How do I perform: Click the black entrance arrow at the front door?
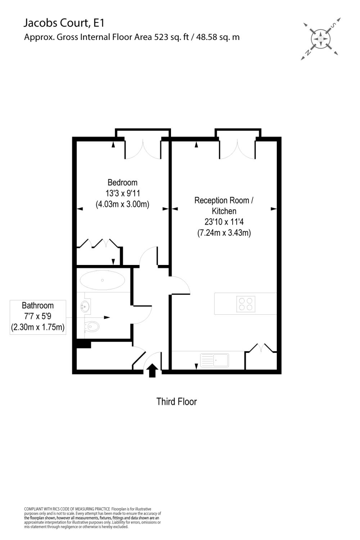[x=152, y=370]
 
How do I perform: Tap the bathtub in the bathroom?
[x=102, y=280]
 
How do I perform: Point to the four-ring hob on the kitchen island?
[x=246, y=304]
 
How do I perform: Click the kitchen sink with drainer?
[x=215, y=360]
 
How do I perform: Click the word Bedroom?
[x=122, y=183]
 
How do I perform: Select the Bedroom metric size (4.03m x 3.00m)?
[x=122, y=204]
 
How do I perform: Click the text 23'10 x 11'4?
[x=224, y=222]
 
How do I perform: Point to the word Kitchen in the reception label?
[x=224, y=211]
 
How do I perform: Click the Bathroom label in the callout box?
[x=38, y=306]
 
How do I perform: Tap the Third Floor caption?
[x=176, y=401]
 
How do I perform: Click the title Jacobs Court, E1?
[x=64, y=23]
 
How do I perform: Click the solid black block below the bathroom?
[x=84, y=344]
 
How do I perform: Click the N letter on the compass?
[x=308, y=53]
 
